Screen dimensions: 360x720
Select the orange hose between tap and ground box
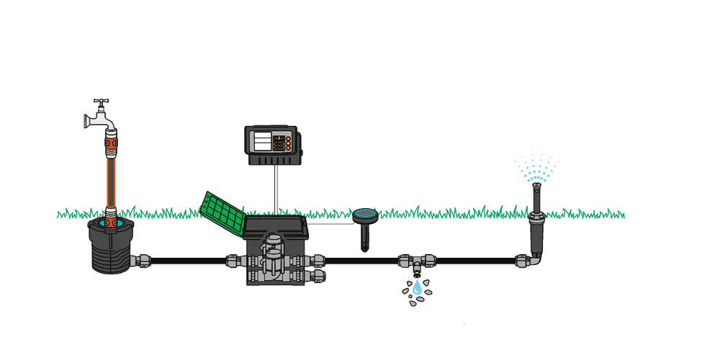(x=112, y=180)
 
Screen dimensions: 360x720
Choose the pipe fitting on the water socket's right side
(x=142, y=260)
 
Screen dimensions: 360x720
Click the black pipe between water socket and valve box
(x=187, y=261)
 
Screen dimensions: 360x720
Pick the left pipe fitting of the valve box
(x=235, y=261)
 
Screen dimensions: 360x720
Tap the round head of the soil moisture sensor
(x=366, y=215)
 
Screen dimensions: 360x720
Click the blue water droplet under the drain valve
(x=417, y=288)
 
